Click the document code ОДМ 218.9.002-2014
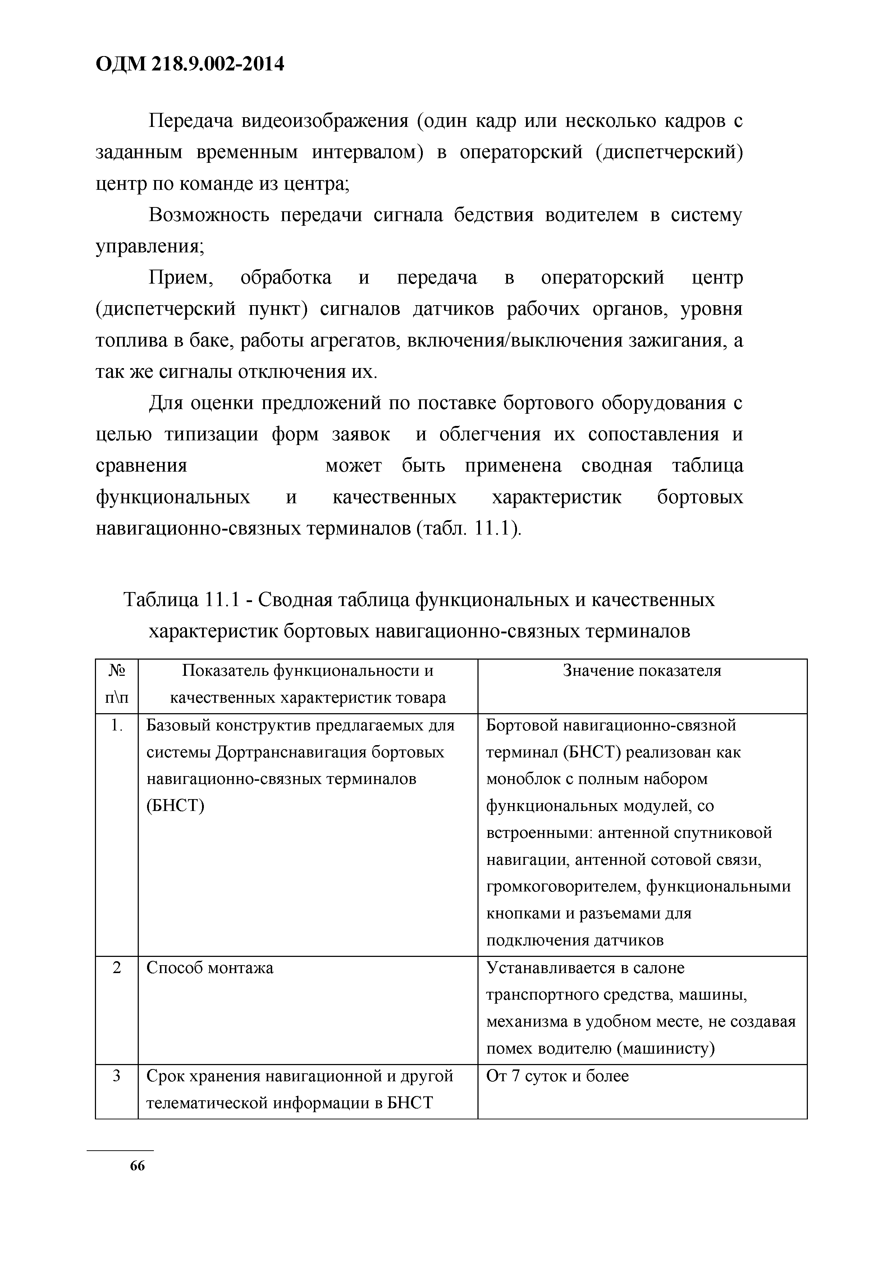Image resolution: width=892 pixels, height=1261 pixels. click(x=190, y=64)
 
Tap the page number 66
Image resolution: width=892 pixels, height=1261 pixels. click(x=137, y=1181)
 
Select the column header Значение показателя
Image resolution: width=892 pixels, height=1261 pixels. click(x=641, y=671)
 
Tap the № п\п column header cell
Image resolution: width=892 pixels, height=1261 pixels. click(x=116, y=684)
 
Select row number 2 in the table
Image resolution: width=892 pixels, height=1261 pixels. click(x=116, y=968)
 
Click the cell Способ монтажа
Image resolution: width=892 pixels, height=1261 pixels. click(x=210, y=968)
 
